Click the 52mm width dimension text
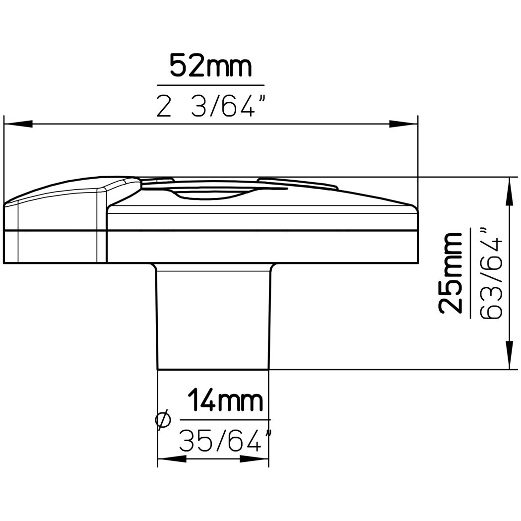[x=211, y=66]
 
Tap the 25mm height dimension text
[x=451, y=273]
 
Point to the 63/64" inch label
[x=491, y=273]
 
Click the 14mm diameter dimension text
[x=226, y=400]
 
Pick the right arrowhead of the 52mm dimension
[x=403, y=124]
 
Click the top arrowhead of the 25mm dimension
[x=509, y=192]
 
